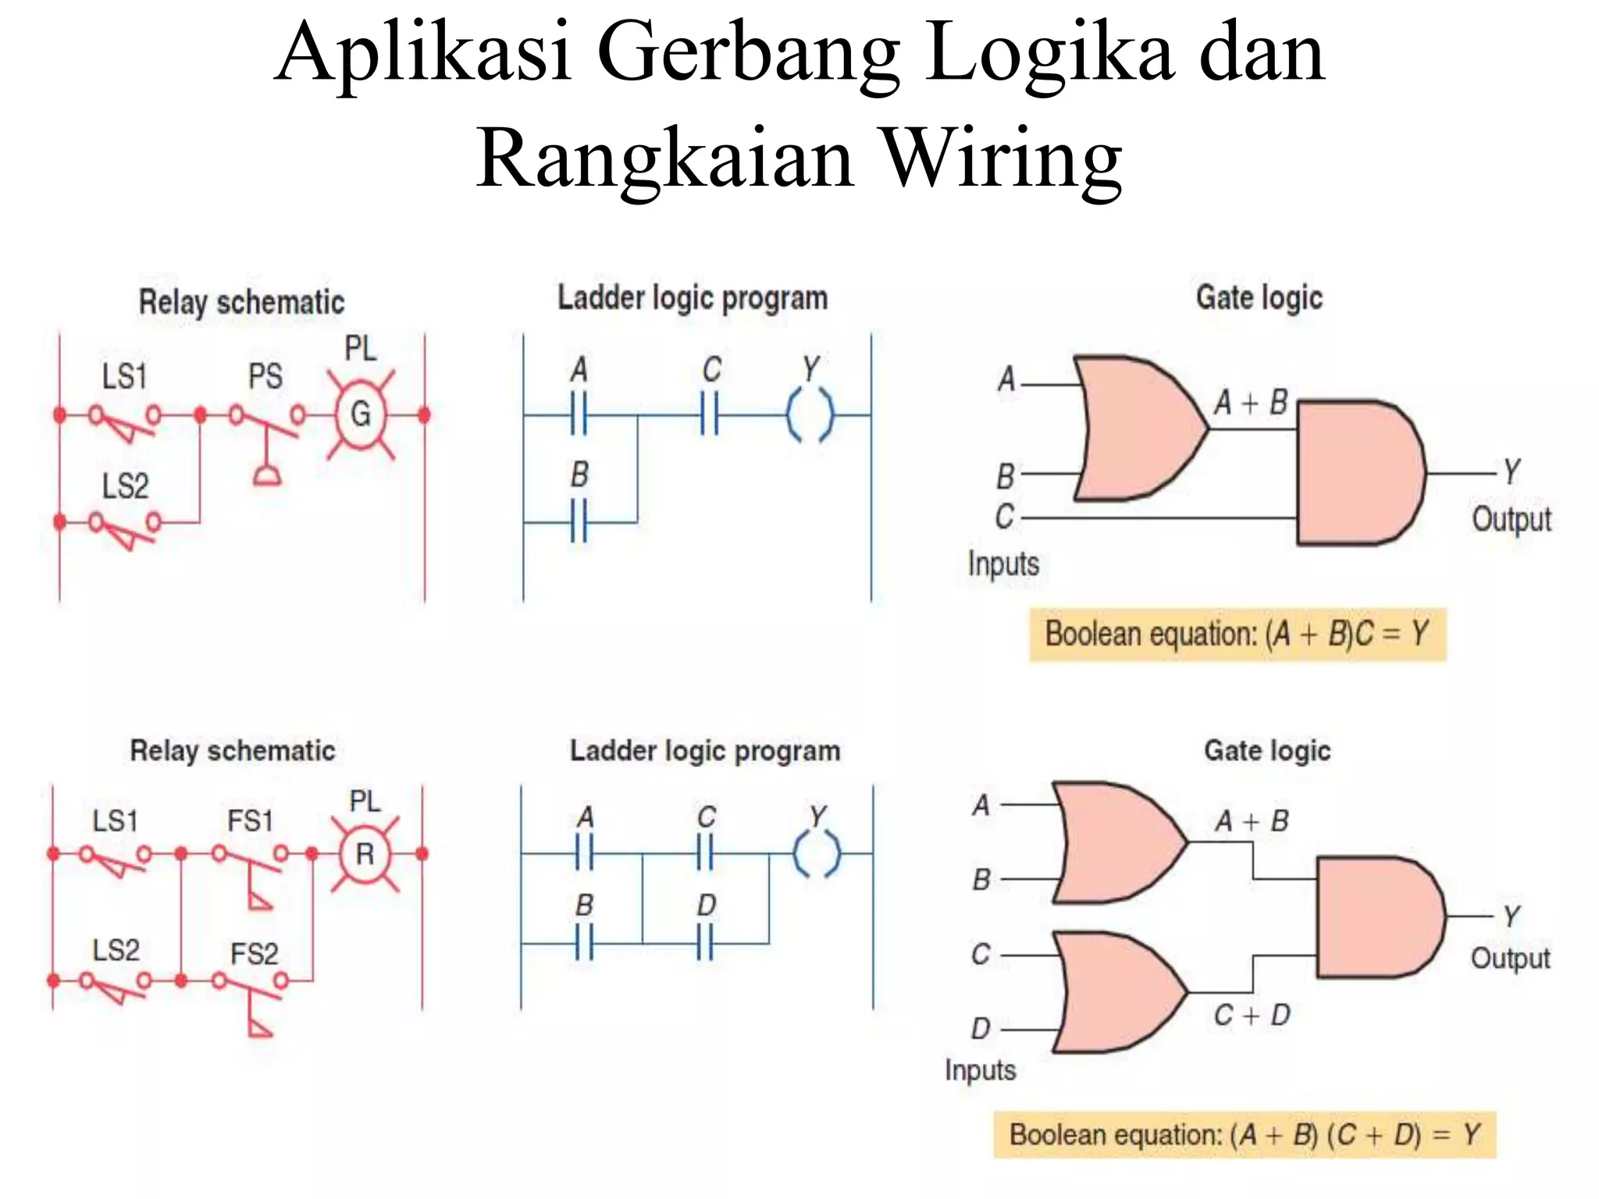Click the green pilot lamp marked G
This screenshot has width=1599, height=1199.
click(x=360, y=414)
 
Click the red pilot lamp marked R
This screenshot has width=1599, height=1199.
click(x=365, y=854)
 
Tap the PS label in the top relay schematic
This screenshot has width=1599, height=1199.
click(x=265, y=377)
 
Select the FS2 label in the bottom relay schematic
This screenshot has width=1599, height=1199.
click(x=254, y=954)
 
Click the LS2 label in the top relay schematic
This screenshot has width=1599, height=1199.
click(x=125, y=486)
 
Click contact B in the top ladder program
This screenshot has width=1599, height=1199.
click(x=579, y=521)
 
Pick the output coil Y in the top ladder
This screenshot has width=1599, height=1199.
click(x=810, y=414)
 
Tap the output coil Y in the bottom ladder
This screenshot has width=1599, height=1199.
click(x=817, y=854)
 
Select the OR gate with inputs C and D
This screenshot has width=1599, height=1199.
click(x=1116, y=992)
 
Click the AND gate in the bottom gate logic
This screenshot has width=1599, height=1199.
click(x=1377, y=917)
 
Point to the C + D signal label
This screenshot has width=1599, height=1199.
click(x=1252, y=1016)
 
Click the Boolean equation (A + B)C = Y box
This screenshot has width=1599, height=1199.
click(x=1238, y=635)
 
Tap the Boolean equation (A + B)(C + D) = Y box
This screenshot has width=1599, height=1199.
click(x=1245, y=1134)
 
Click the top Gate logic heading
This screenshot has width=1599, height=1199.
click(x=1259, y=297)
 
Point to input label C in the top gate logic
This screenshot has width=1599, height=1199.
click(x=1004, y=517)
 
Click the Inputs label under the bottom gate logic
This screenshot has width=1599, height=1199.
click(x=980, y=1069)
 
